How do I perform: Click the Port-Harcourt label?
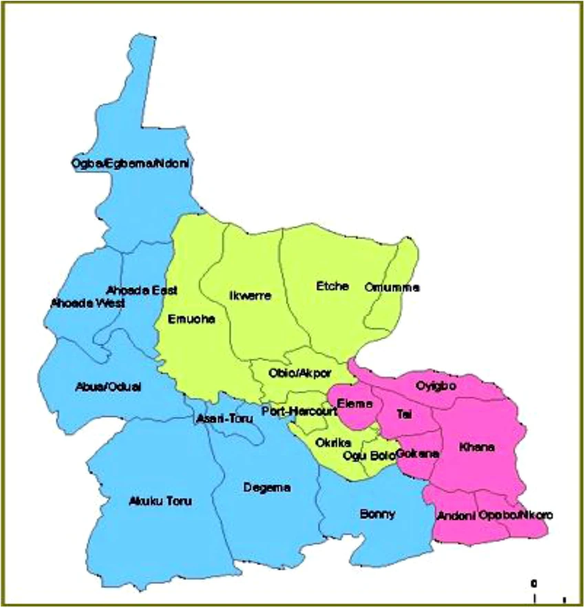point(299,411)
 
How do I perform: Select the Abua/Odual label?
point(107,387)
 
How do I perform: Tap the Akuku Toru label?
point(160,501)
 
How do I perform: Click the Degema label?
point(267,488)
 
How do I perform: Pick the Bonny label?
point(377,514)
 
